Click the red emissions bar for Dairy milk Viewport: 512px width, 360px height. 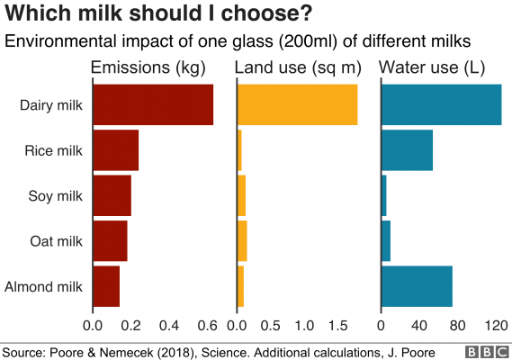point(152,104)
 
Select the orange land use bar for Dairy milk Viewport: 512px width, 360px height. point(297,104)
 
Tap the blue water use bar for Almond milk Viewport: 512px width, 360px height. point(418,286)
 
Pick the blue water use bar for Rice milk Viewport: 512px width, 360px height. point(408,150)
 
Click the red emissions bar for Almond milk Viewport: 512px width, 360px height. point(106,286)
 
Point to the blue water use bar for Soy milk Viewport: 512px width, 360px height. point(384,196)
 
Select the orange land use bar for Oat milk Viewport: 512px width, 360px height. point(242,241)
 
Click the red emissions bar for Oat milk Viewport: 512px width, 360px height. point(110,241)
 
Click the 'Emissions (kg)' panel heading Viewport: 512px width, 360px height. point(148,67)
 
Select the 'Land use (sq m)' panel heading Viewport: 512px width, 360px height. point(296,67)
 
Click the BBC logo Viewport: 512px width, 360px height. point(484,351)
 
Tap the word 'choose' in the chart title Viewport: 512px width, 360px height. point(260,15)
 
